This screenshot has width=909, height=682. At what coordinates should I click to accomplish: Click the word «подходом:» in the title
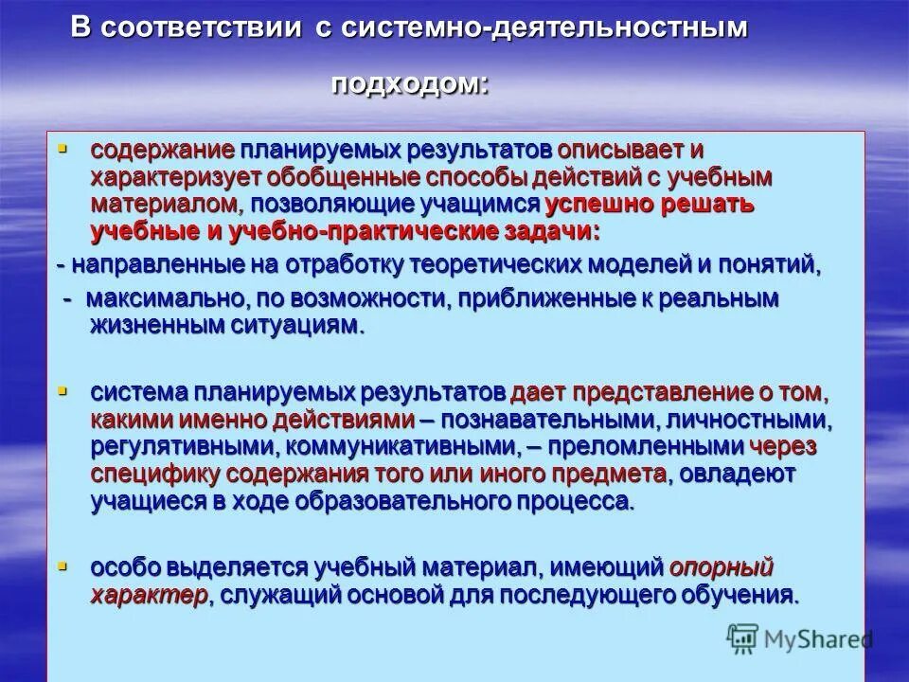tap(410, 84)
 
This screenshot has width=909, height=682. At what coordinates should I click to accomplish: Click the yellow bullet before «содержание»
tap(63, 149)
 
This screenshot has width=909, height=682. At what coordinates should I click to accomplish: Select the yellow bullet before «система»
tap(63, 390)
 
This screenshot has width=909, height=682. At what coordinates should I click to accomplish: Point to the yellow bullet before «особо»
tap(63, 565)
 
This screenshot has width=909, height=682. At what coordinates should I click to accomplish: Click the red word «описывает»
tap(616, 152)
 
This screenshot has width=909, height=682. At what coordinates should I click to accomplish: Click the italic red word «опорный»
tap(722, 567)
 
